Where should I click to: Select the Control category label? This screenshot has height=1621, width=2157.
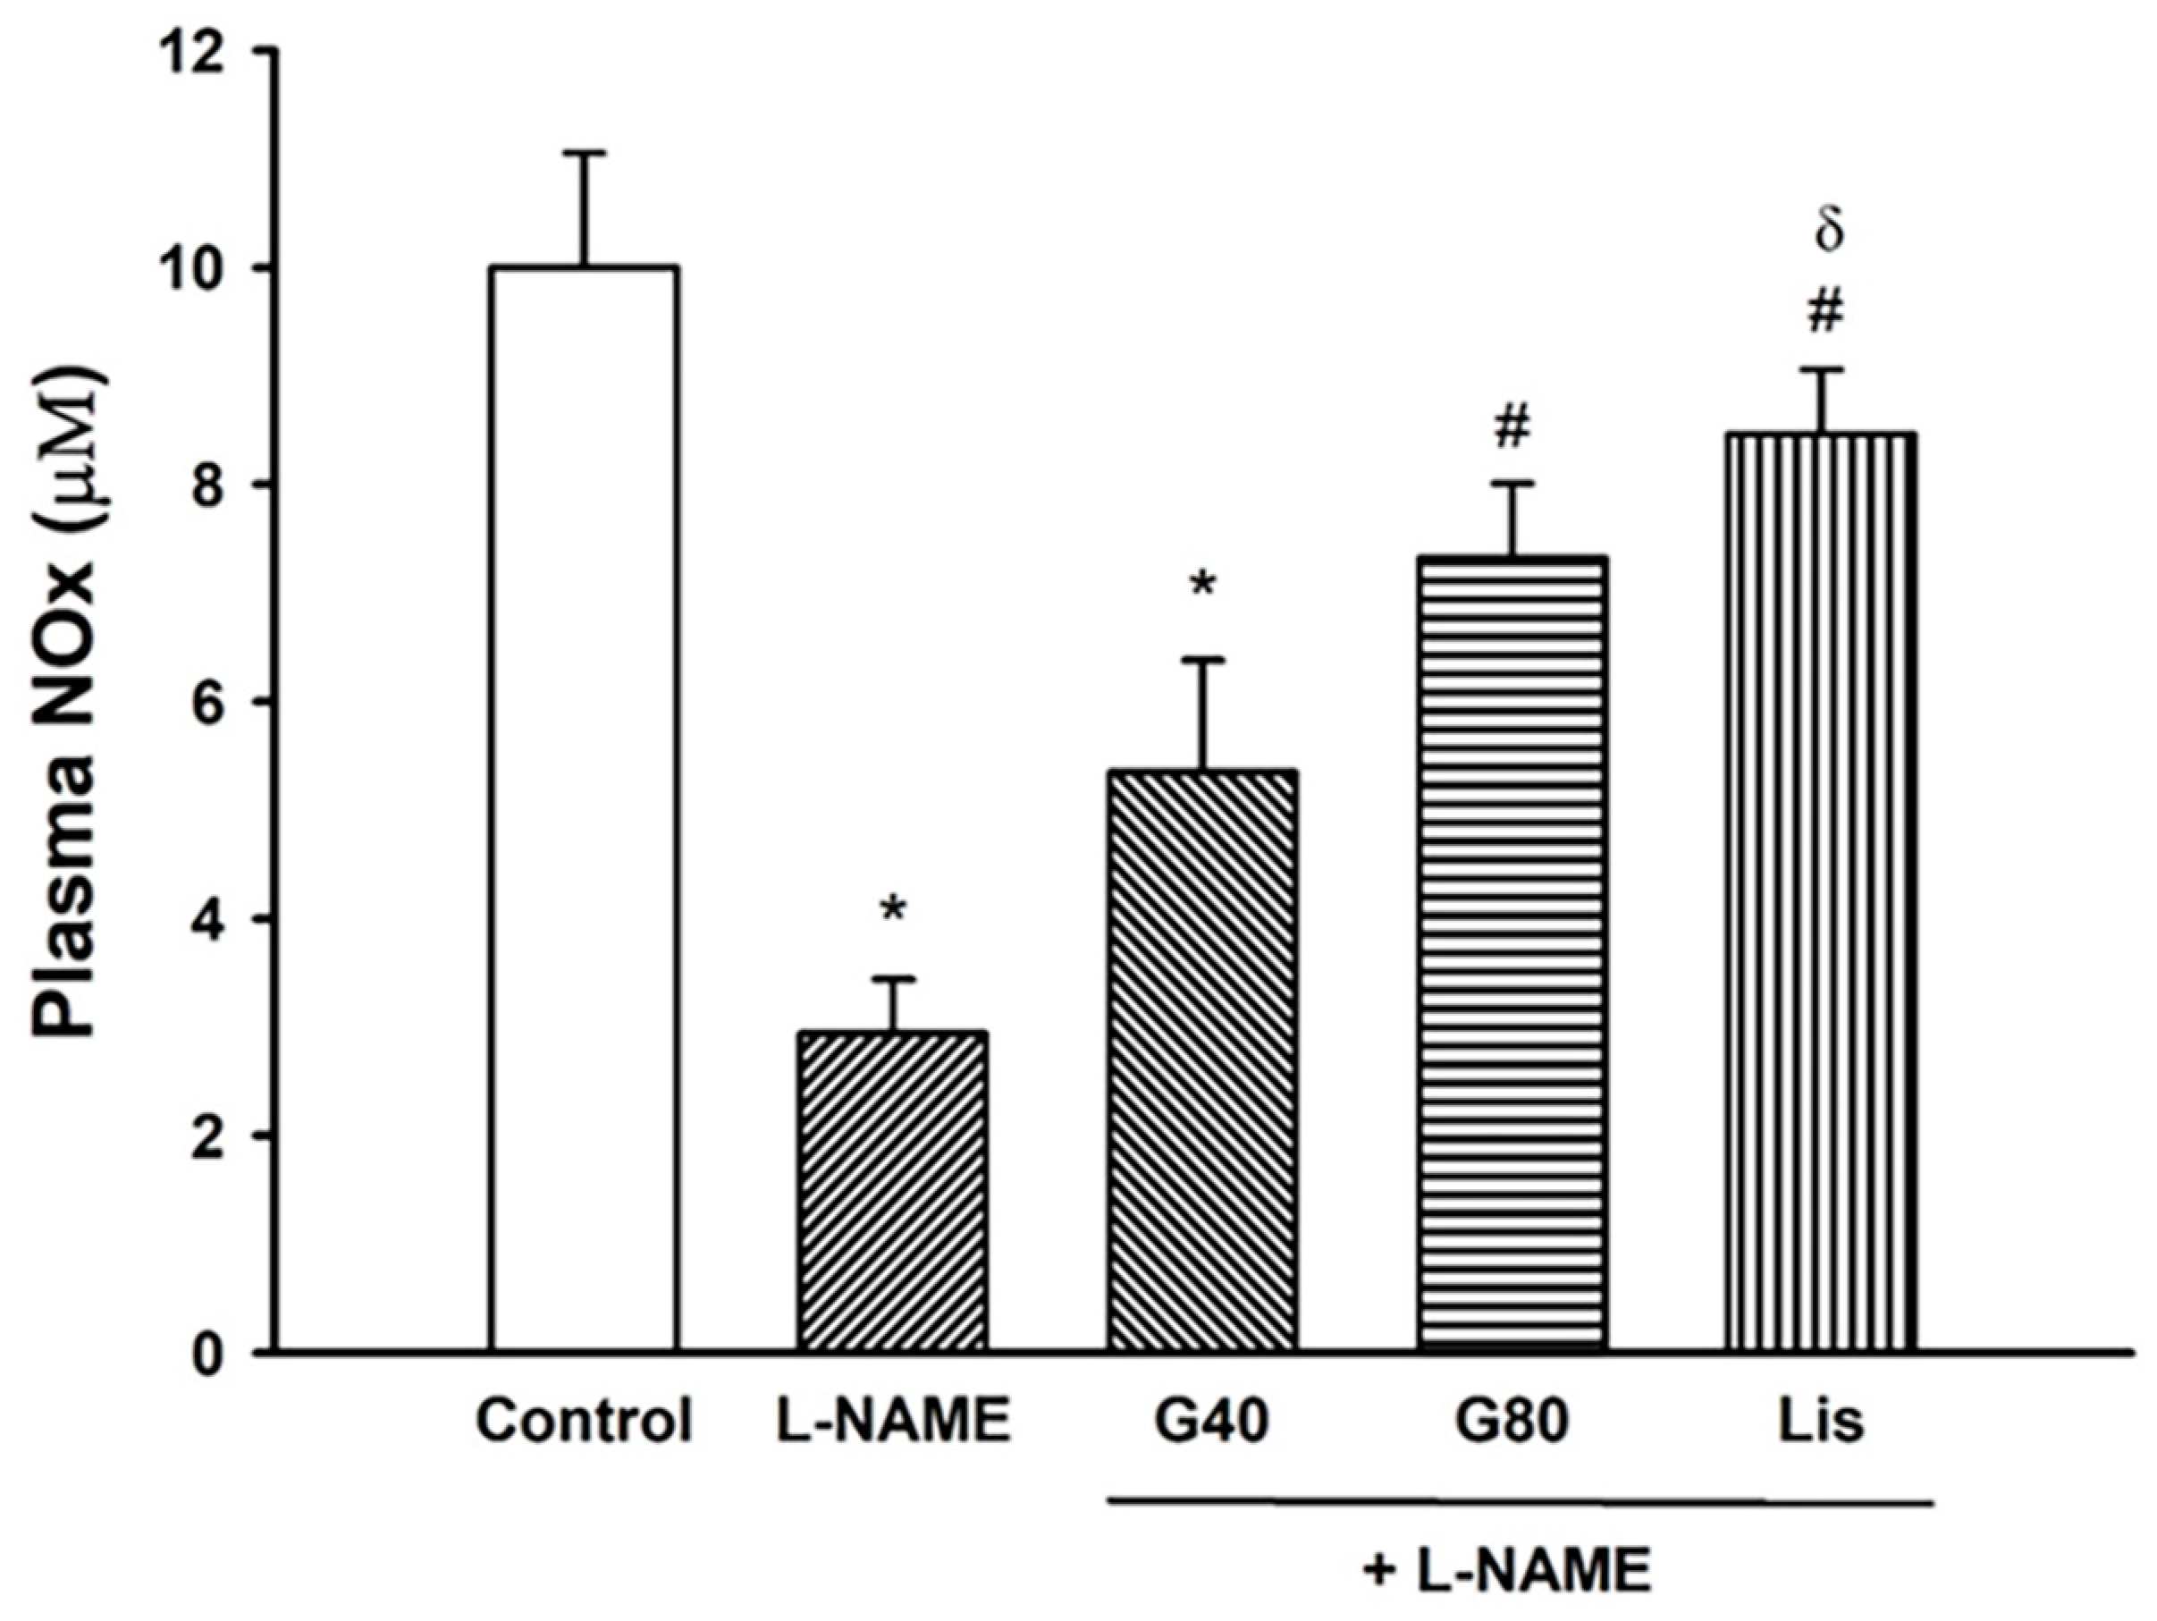[x=584, y=1422]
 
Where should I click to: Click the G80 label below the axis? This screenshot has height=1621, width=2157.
[x=1511, y=1422]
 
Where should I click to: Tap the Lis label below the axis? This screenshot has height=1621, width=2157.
[x=1820, y=1422]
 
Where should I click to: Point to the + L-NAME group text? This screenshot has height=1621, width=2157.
[x=1506, y=1572]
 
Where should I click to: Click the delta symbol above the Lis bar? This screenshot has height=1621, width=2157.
[x=1828, y=233]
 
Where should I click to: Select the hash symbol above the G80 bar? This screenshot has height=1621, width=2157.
[x=1512, y=427]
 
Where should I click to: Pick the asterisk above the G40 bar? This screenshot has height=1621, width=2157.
[x=1202, y=587]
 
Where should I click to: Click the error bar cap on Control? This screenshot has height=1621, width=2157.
[x=586, y=153]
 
